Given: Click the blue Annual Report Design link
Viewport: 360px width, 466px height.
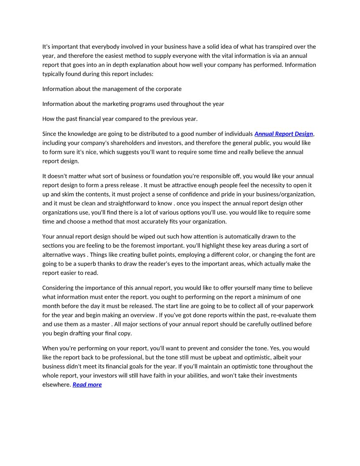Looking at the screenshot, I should point(284,134).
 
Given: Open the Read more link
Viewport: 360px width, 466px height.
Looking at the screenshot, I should point(87,384).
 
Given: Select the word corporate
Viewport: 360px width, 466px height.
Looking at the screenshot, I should point(166,89).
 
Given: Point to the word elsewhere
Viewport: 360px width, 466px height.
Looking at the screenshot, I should point(56,384).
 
